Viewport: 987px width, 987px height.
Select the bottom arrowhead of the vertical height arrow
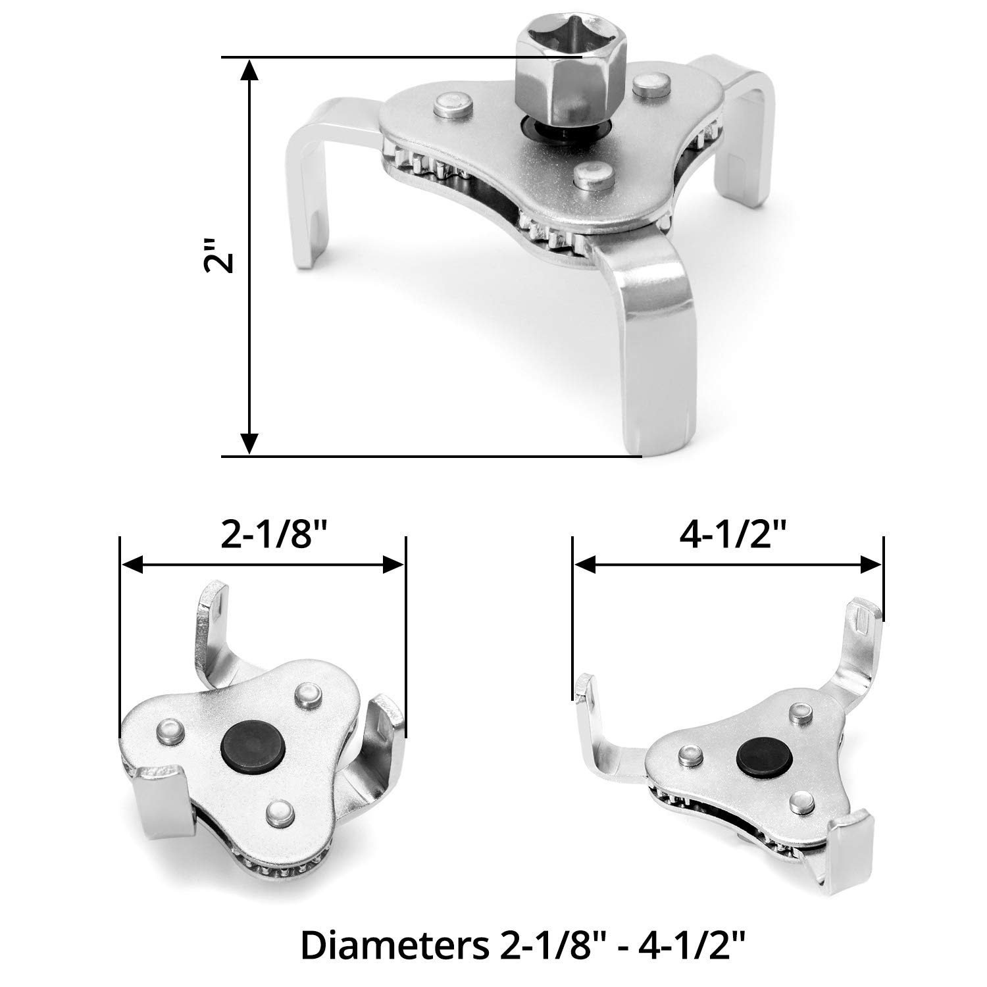[x=249, y=443]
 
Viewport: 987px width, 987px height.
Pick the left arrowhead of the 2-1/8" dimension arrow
[x=134, y=564]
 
